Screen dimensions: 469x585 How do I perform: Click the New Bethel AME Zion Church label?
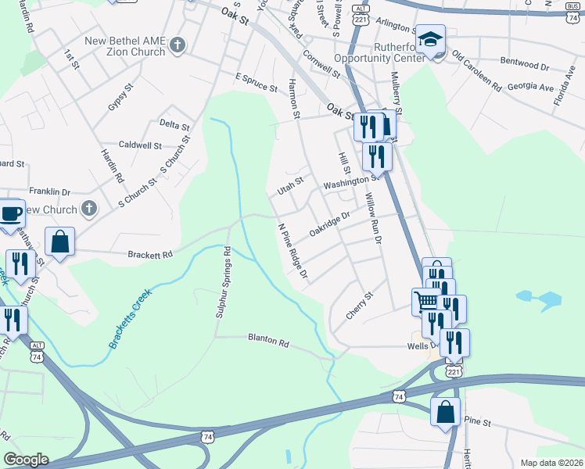(x=125, y=46)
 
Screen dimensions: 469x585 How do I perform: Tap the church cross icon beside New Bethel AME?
(x=177, y=45)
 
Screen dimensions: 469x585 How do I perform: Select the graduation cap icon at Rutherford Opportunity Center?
(x=429, y=39)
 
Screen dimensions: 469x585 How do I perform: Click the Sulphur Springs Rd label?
(x=221, y=282)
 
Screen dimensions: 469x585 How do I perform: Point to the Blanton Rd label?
(x=268, y=342)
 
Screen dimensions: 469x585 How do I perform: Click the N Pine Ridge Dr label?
(x=294, y=252)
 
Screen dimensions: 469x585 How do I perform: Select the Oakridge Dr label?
(x=327, y=223)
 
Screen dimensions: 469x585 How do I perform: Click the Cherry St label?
(x=361, y=306)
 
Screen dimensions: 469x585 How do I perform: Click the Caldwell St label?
(x=140, y=145)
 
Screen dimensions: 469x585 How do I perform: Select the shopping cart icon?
(x=426, y=301)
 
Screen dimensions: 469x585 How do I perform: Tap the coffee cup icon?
(x=11, y=213)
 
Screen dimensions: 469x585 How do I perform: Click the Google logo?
(x=26, y=460)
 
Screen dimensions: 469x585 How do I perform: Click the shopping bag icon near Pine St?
(x=445, y=411)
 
